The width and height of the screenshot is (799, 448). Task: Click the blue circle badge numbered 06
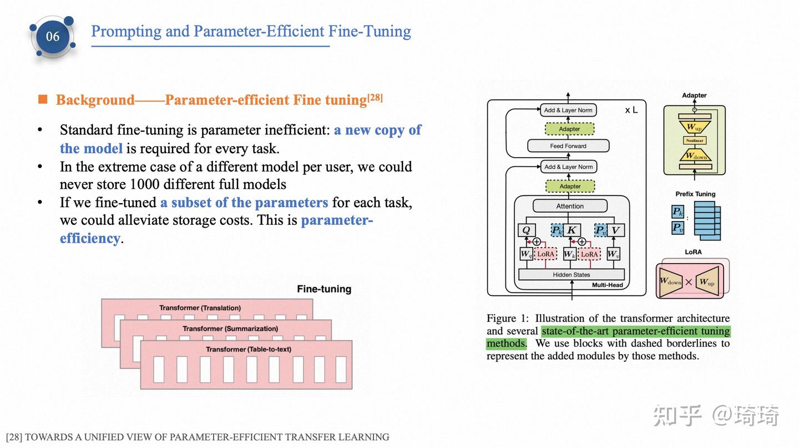click(53, 37)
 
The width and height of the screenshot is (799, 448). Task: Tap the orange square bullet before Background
click(43, 99)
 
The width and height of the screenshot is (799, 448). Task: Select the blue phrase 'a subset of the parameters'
click(244, 202)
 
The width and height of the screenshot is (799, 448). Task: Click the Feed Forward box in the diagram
click(568, 146)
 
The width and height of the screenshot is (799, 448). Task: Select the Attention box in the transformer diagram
click(570, 206)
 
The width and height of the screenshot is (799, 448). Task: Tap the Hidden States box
click(571, 274)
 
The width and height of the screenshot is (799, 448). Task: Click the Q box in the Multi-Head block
click(526, 230)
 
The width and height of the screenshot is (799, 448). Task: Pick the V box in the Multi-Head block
click(615, 230)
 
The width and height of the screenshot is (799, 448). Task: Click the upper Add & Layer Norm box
click(568, 110)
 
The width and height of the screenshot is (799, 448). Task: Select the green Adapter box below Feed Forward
click(570, 187)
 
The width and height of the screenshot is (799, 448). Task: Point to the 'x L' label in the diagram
click(631, 110)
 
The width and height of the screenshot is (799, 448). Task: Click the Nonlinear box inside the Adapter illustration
click(694, 141)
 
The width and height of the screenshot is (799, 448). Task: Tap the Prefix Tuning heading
click(695, 194)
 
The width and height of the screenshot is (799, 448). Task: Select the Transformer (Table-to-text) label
click(248, 349)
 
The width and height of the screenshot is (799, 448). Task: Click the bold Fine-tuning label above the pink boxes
click(324, 289)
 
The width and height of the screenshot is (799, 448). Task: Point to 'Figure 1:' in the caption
click(508, 318)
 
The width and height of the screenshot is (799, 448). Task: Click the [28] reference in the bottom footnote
click(14, 437)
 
